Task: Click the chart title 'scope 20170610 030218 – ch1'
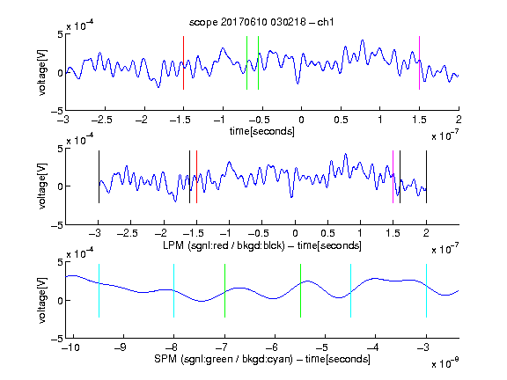[x=261, y=22]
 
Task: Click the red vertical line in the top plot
[x=184, y=62]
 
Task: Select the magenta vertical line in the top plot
[x=419, y=62]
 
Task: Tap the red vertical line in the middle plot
[x=196, y=177]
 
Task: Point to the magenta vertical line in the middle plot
[x=393, y=177]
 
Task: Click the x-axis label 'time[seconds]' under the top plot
[x=262, y=131]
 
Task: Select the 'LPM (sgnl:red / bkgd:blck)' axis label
[x=224, y=245]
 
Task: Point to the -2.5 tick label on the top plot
[x=102, y=120]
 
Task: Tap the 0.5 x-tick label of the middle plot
[x=327, y=233]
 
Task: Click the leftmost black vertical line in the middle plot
[x=99, y=177]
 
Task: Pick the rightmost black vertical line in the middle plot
[x=426, y=177]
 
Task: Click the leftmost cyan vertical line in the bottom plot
[x=99, y=290]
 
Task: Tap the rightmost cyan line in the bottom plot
[x=426, y=290]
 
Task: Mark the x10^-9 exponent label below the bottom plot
[x=445, y=363]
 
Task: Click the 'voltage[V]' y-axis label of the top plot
[x=42, y=72]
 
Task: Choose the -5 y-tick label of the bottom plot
[x=57, y=339]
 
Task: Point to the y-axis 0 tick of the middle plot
[x=60, y=186]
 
